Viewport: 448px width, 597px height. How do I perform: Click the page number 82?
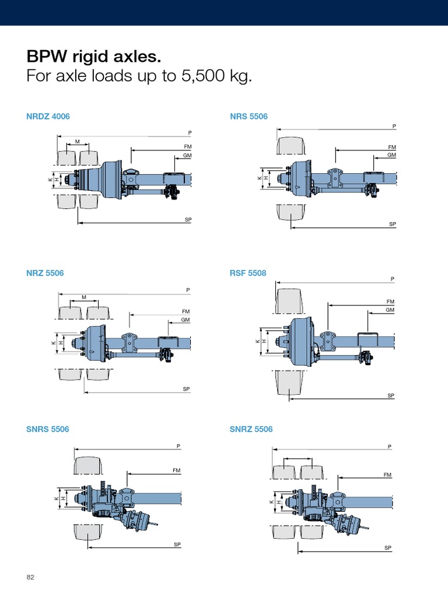pos(31,577)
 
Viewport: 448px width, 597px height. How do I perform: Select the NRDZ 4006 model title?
pos(48,117)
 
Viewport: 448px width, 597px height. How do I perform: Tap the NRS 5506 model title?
pos(249,117)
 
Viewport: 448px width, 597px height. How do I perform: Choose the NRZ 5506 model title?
pos(45,273)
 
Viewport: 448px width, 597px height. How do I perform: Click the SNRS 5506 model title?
pos(47,429)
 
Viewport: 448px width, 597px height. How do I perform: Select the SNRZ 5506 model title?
pos(251,429)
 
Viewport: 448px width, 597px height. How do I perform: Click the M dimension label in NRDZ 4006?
pos(77,142)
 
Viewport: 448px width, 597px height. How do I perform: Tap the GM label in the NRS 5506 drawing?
pos(391,155)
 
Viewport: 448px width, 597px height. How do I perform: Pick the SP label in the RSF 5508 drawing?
pos(391,396)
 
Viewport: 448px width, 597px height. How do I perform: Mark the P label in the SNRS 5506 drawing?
pos(178,447)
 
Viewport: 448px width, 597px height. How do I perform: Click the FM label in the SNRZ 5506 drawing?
pos(387,475)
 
